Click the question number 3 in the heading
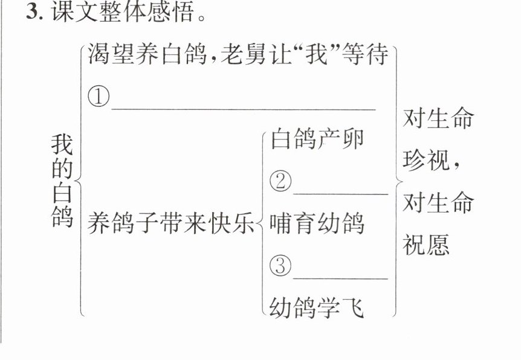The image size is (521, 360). tap(32, 12)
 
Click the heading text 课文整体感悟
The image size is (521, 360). tap(122, 12)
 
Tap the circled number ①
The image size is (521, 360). tap(99, 97)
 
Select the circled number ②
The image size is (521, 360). tap(280, 181)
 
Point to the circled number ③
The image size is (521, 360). tap(280, 266)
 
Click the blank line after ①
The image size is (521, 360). tap(244, 109)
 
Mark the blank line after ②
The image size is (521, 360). tap(340, 194)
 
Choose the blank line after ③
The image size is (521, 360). tap(340, 278)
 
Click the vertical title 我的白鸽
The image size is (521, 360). tap(62, 181)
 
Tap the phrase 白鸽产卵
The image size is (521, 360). tap(317, 139)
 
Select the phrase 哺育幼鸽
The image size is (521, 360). tap(317, 223)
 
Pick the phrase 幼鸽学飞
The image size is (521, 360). tap(316, 307)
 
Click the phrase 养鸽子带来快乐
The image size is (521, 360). tap(171, 223)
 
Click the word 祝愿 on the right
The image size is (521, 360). tap(426, 245)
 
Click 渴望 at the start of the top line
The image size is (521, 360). tap(111, 54)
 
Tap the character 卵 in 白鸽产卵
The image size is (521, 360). tap(353, 139)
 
